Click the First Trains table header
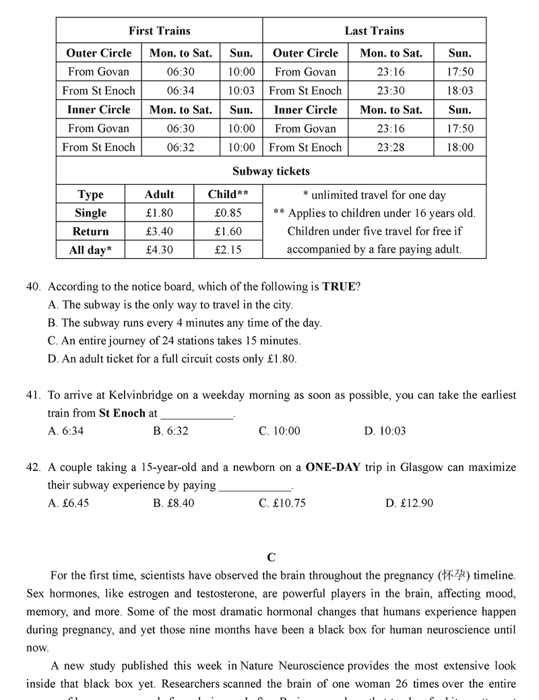coord(159,31)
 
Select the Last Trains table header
coord(374,31)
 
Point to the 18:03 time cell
coord(460,91)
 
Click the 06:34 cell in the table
coord(181,91)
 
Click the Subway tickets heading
coord(271,172)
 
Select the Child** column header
coord(228,195)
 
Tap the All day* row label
coord(90,250)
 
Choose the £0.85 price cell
coord(228,213)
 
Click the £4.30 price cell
coord(159,250)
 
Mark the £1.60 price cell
coord(228,232)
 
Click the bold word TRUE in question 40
coord(338,286)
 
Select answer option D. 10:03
coord(385,431)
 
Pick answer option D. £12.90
coord(409,503)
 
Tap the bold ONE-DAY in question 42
coord(333,468)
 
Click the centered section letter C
coord(271,557)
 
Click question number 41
coord(34,395)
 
